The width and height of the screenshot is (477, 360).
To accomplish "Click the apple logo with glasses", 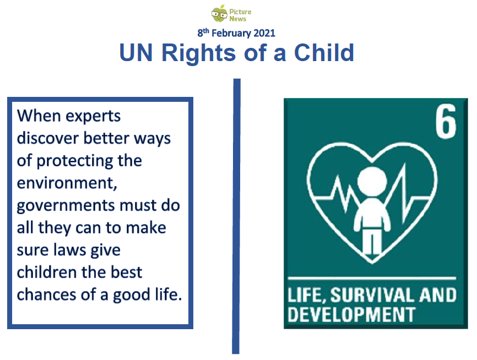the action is click(219, 14).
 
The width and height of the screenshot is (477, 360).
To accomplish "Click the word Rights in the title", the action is click(199, 53).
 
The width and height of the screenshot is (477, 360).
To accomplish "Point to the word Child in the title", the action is click(324, 53).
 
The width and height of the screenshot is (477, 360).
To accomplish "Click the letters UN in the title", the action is click(136, 53).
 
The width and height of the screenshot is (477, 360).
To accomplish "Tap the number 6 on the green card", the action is click(446, 121).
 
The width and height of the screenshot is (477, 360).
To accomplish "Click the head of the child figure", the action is click(372, 181).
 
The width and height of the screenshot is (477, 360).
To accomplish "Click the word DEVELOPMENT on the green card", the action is click(351, 314).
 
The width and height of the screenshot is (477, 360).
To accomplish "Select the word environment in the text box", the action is click(67, 183).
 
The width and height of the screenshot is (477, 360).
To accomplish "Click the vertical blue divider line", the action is click(236, 216).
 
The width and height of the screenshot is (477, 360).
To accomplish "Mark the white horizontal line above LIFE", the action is click(372, 278).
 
